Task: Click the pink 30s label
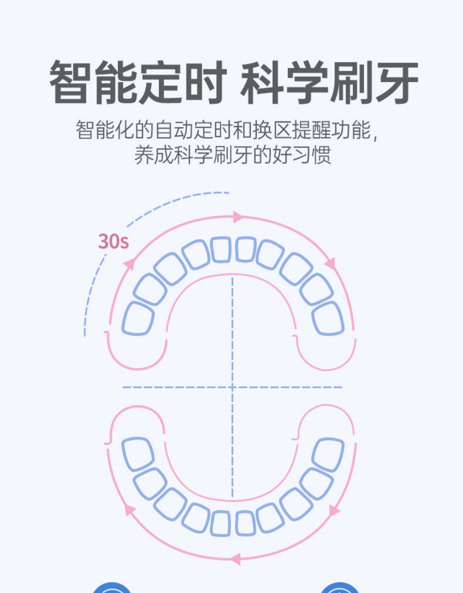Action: (x=113, y=241)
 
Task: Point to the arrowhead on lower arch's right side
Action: (x=334, y=511)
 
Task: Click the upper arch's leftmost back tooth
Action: (x=138, y=318)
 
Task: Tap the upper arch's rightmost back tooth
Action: (x=328, y=318)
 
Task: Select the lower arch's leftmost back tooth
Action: (x=138, y=454)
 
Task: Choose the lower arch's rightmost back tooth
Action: (x=328, y=454)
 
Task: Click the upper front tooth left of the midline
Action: (x=221, y=249)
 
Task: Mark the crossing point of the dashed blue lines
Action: (x=233, y=387)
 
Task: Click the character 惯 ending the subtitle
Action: (x=322, y=154)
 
